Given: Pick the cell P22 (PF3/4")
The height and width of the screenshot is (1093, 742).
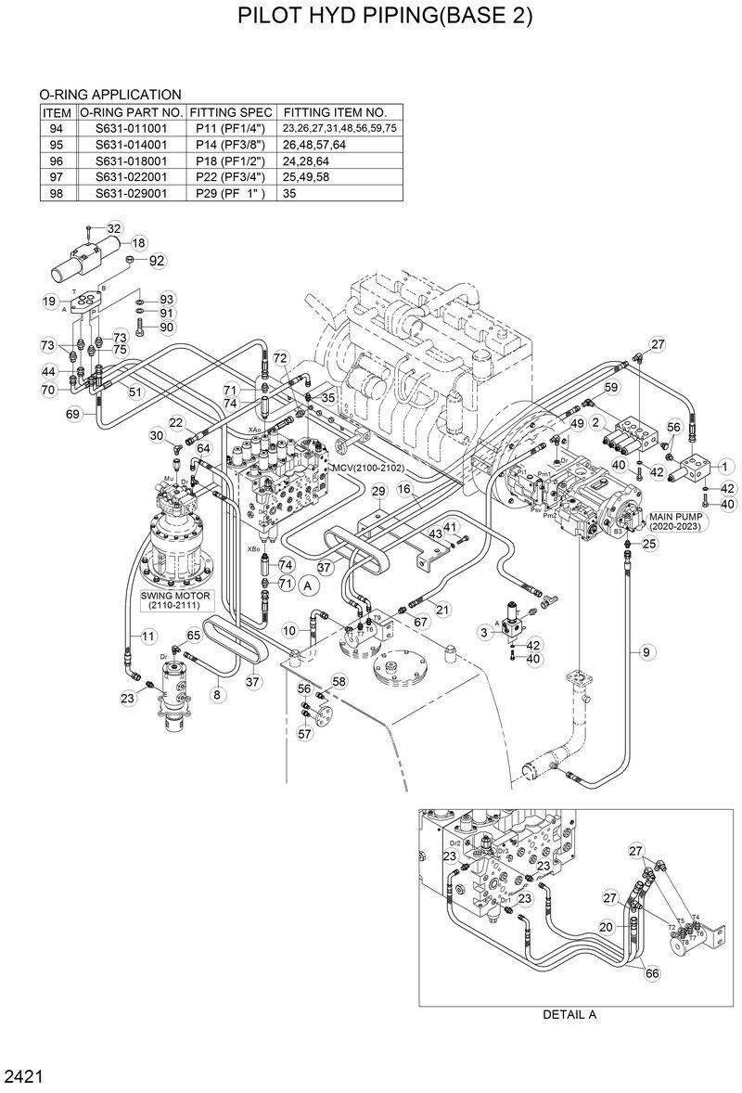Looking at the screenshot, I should click(230, 177).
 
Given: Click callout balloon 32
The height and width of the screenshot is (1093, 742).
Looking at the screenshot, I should click(114, 228).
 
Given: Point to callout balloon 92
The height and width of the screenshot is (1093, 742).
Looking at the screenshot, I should click(156, 261).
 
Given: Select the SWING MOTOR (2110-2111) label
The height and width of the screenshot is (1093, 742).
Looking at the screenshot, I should click(176, 599).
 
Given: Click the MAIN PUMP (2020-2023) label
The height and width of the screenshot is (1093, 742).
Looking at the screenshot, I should click(675, 521).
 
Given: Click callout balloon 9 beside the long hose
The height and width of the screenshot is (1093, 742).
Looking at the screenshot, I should click(646, 652).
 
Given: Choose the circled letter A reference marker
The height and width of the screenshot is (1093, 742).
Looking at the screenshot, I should click(310, 585).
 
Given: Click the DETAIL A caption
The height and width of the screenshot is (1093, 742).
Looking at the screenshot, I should click(569, 1014).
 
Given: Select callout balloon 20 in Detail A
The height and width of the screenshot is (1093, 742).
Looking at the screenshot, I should click(605, 926).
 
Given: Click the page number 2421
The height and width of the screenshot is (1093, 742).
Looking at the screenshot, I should click(23, 1077).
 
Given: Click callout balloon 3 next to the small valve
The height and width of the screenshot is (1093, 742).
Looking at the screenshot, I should click(484, 632).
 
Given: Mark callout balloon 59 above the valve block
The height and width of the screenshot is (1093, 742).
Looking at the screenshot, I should click(611, 387).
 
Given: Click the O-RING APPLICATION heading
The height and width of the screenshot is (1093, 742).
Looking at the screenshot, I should click(109, 95).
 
